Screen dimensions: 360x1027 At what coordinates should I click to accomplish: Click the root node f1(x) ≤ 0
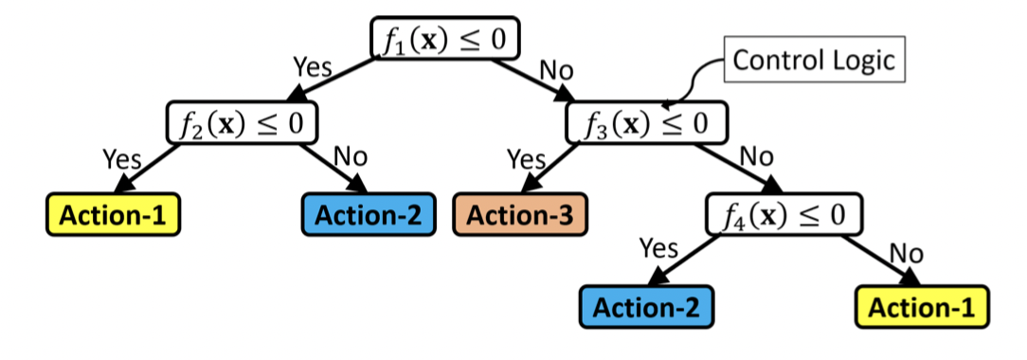tap(444, 41)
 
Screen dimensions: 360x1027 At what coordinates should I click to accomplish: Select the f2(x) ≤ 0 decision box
tap(242, 122)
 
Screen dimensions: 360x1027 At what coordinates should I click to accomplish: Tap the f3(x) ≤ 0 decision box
tap(648, 123)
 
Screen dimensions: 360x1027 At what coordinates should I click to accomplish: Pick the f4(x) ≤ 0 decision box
tap(784, 214)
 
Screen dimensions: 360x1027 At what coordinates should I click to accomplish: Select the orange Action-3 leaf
tap(520, 214)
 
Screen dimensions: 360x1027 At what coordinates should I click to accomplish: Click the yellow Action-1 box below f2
tap(114, 215)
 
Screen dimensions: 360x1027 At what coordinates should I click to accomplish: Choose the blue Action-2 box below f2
tap(369, 214)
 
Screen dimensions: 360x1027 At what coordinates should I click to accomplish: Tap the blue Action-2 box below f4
tap(646, 307)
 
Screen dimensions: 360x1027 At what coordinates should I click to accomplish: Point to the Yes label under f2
tap(121, 159)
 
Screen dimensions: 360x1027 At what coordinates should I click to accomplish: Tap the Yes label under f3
tap(526, 159)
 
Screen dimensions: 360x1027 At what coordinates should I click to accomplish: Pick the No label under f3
tap(756, 157)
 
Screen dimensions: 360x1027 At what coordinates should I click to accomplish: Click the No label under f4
tap(908, 252)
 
